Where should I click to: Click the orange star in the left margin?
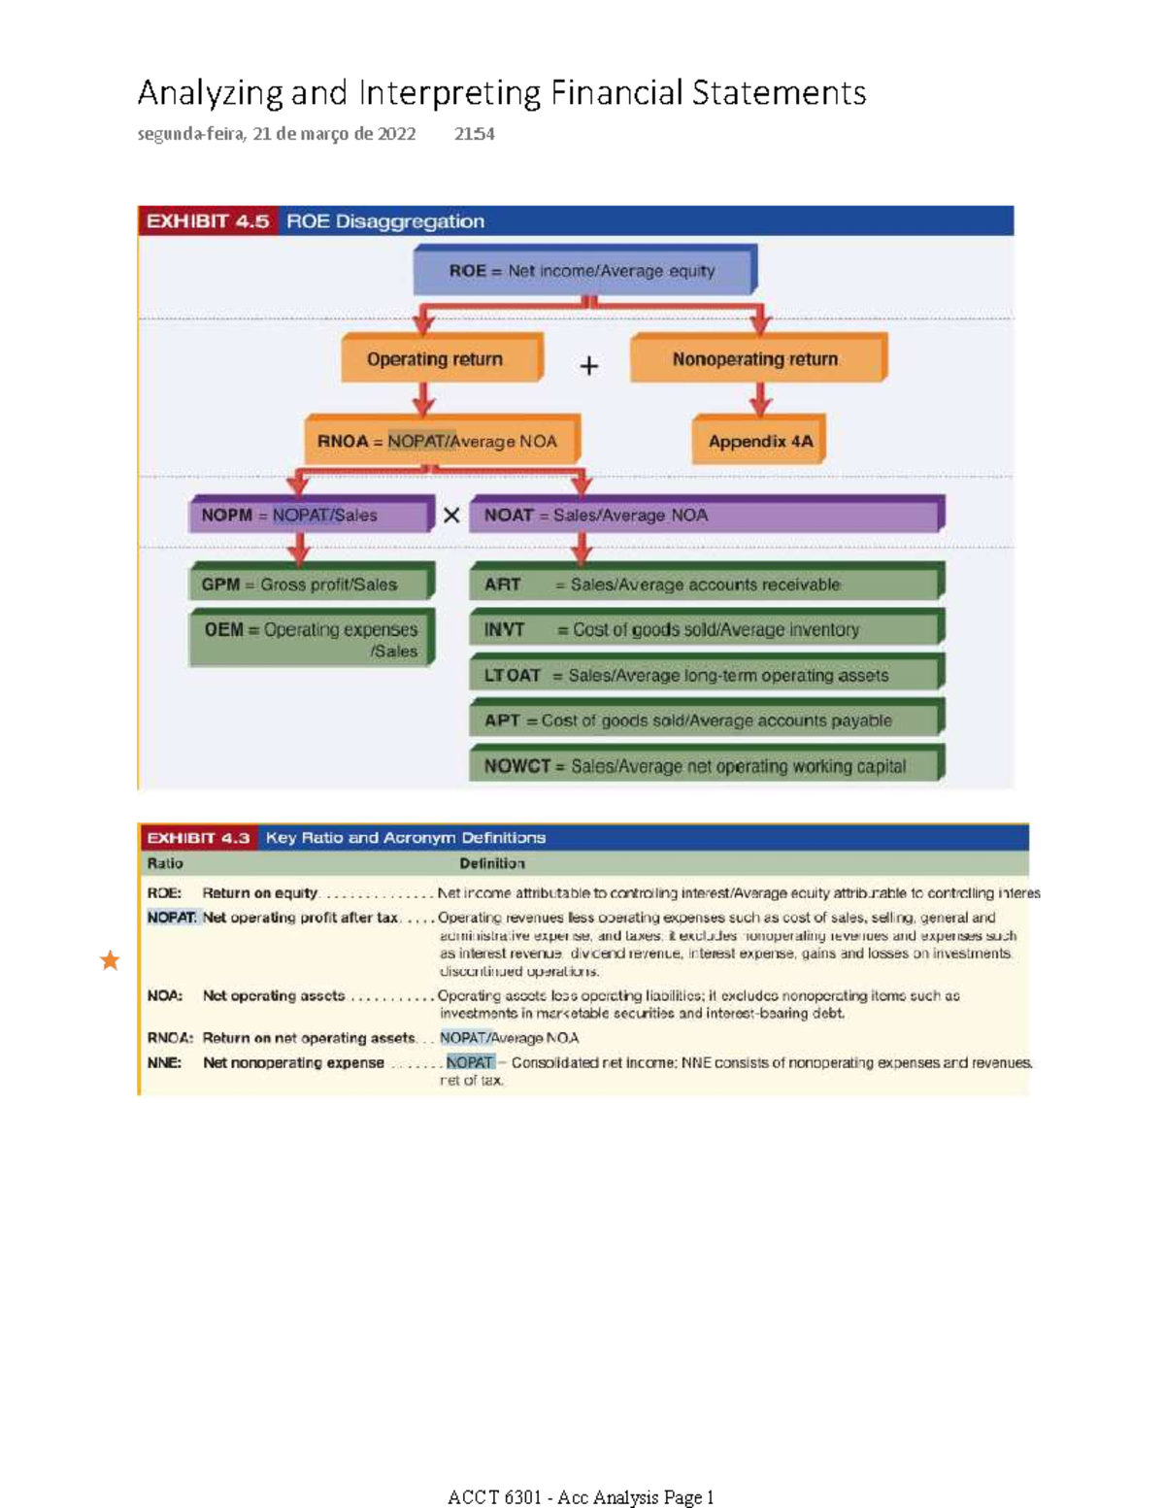110,960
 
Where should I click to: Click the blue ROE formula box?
583,271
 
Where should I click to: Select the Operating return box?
440,359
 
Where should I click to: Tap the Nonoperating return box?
756,359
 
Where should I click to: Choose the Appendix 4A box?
759,441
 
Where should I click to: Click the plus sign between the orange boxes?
588,366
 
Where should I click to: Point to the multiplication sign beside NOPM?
451,516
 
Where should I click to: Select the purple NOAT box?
706,516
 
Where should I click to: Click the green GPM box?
310,585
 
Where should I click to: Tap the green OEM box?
310,639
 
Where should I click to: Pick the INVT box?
706,629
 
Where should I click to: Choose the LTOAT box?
706,675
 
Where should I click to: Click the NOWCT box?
706,766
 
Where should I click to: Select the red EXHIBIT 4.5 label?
208,221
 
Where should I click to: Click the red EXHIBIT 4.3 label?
198,837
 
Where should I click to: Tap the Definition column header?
492,863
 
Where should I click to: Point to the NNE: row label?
164,1062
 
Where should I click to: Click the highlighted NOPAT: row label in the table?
172,917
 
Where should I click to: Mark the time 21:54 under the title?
475,134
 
